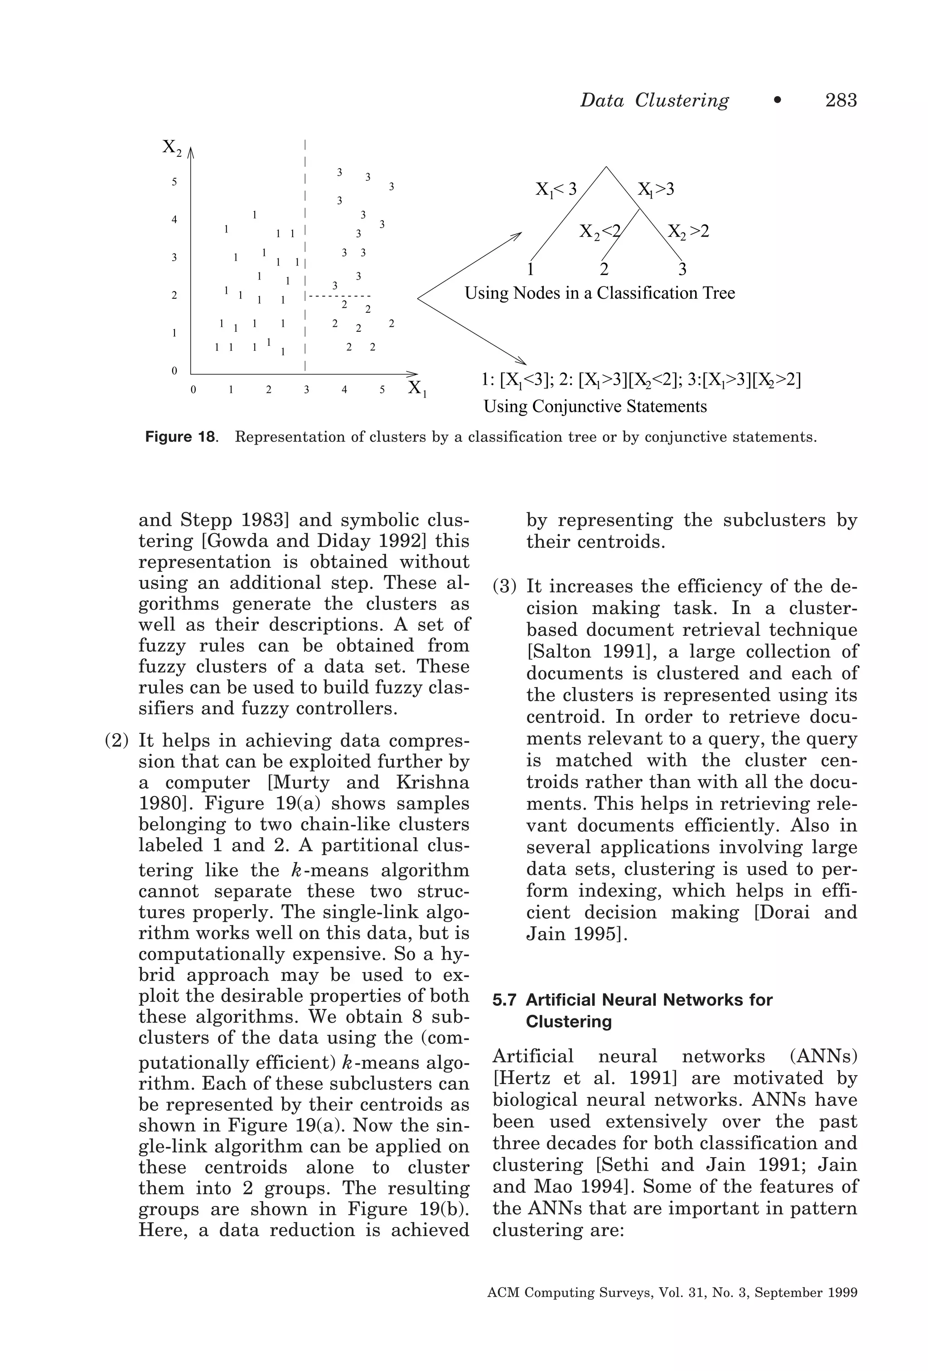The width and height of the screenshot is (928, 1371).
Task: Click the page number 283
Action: point(840,100)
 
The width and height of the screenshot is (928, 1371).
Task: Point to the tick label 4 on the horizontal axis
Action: point(344,390)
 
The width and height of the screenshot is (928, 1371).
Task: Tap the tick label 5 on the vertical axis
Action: point(174,182)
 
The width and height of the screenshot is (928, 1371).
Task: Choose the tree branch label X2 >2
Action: point(688,231)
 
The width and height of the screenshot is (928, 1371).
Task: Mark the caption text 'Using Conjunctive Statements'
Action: point(594,407)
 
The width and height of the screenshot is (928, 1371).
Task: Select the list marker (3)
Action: point(504,586)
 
